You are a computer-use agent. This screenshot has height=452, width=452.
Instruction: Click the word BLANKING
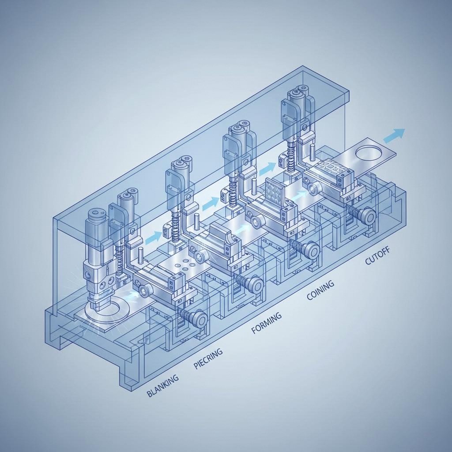(163, 385)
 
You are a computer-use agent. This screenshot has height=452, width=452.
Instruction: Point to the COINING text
(321, 291)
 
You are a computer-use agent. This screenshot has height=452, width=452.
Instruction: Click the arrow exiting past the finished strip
(394, 135)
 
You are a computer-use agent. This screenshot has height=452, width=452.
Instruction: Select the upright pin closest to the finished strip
(312, 152)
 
